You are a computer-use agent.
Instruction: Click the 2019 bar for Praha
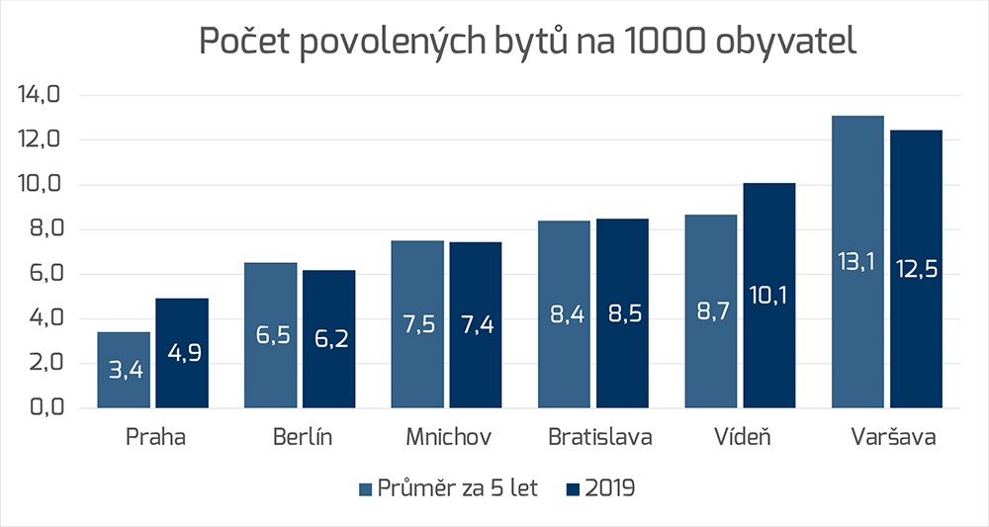(x=182, y=352)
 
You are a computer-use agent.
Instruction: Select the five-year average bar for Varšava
(x=857, y=261)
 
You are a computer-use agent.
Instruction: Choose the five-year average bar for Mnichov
(x=417, y=323)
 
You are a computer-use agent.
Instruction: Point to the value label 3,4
(x=124, y=372)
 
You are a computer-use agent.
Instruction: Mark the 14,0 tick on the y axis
(x=39, y=96)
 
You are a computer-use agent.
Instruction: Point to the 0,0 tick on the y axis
(x=39, y=407)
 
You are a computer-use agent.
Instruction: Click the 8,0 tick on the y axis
(x=39, y=229)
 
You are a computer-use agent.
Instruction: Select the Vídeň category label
(x=741, y=438)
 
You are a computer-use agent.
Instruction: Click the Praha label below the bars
(x=153, y=438)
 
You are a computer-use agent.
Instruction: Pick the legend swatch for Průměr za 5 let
(x=364, y=488)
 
